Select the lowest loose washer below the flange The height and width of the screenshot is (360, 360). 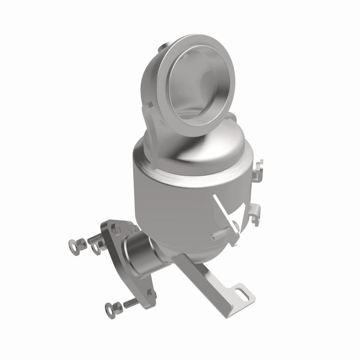tap(109, 308)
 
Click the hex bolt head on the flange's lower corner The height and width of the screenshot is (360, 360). tap(152, 295)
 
